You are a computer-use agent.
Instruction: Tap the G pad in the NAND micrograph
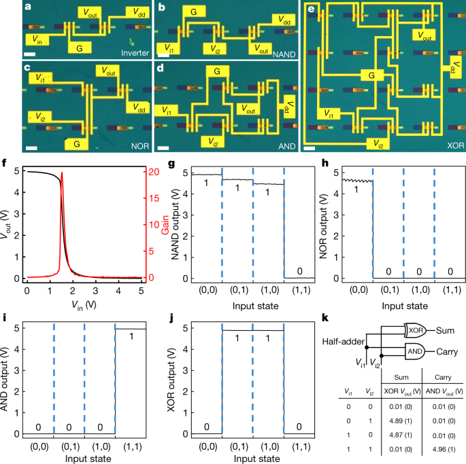click(194, 13)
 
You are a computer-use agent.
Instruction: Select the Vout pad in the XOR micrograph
click(425, 35)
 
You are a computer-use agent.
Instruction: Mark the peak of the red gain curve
click(63, 173)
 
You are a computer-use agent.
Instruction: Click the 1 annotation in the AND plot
click(129, 337)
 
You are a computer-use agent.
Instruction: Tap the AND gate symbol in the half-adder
click(416, 351)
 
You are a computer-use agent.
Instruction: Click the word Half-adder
click(342, 342)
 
